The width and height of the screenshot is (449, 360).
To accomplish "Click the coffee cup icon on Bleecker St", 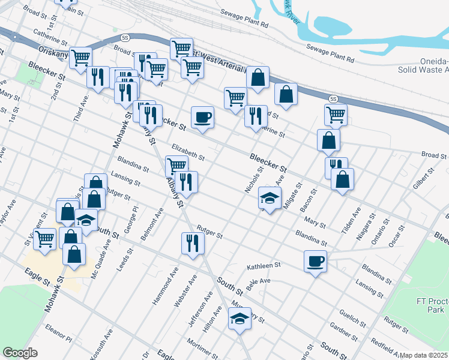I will [x=202, y=117].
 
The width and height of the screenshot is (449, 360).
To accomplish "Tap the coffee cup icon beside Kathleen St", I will [x=315, y=260].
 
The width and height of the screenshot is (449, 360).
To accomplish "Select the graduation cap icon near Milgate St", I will [x=270, y=197].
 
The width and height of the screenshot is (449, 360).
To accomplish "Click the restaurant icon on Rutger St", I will [x=193, y=242].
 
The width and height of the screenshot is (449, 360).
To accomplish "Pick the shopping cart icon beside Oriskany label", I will [x=80, y=58].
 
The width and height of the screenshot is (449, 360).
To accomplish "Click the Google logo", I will [x=20, y=353].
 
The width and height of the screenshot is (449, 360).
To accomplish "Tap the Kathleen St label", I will [x=264, y=265].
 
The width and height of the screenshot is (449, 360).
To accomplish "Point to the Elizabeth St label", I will [x=188, y=151].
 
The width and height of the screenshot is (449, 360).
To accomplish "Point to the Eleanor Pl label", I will [x=58, y=334].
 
